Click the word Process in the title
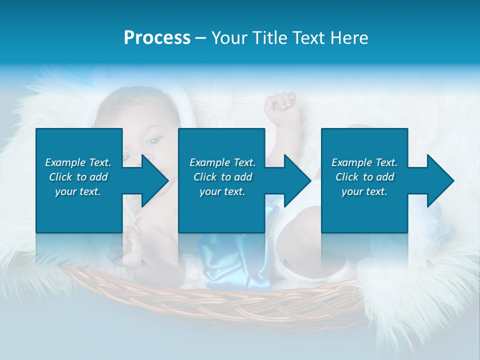pyautogui.click(x=157, y=38)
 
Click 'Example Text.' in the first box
pyautogui.click(x=78, y=162)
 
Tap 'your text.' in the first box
pyautogui.click(x=78, y=191)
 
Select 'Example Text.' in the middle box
pyautogui.click(x=222, y=162)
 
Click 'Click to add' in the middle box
pyautogui.click(x=222, y=177)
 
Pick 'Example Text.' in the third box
pyautogui.click(x=364, y=162)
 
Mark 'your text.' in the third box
pyautogui.click(x=364, y=191)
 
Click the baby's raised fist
pyautogui.click(x=280, y=104)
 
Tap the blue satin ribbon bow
pyautogui.click(x=235, y=260)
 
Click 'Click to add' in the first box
pyautogui.click(x=78, y=177)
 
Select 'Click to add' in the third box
pyautogui.click(x=364, y=177)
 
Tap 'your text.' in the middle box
pyautogui.click(x=222, y=191)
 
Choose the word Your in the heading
pyautogui.click(x=229, y=38)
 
